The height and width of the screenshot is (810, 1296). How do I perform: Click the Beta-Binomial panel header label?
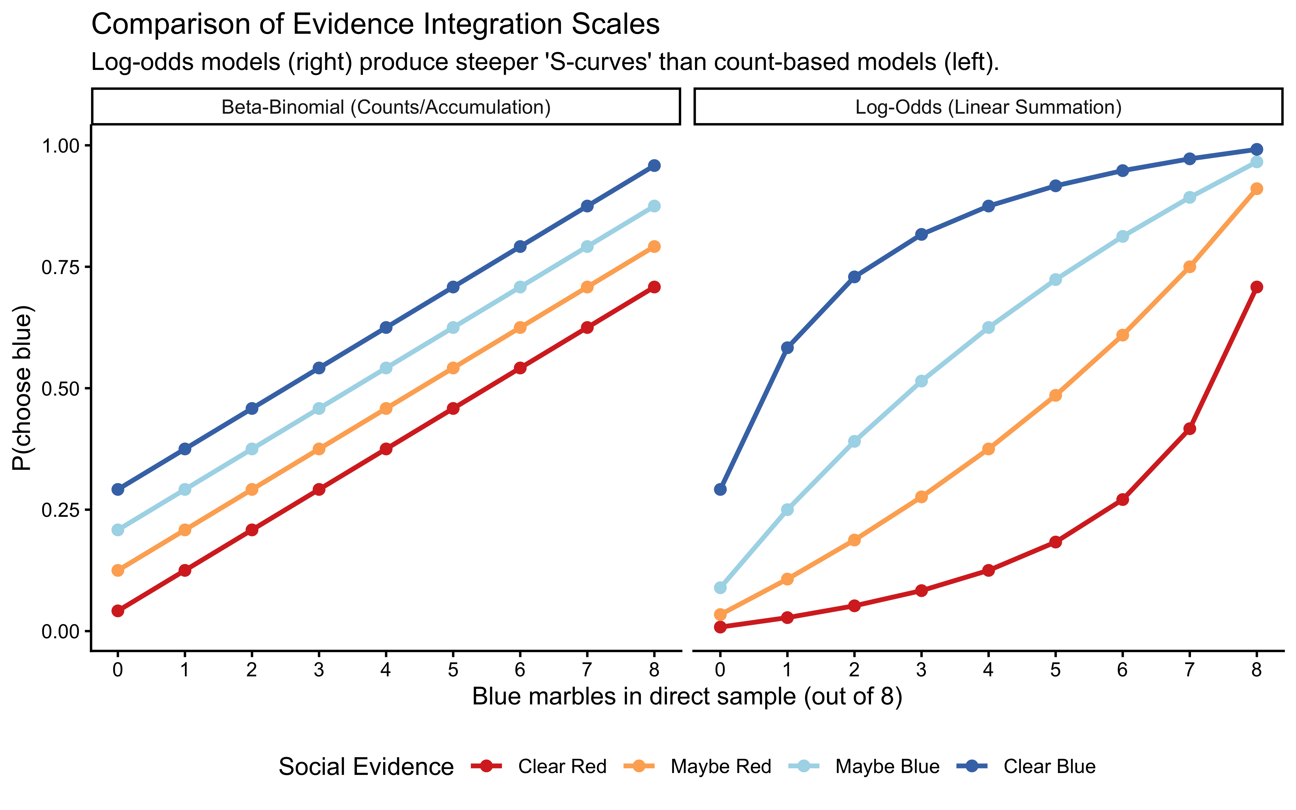pos(386,107)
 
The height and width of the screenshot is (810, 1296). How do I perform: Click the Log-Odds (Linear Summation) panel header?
pos(988,107)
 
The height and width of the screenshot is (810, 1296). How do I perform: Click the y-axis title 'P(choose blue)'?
pos(22,388)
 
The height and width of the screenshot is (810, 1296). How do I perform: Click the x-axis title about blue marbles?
pos(687,697)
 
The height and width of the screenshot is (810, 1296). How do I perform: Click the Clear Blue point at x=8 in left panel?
pos(654,166)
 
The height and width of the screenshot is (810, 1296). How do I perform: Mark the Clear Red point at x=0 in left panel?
pos(118,611)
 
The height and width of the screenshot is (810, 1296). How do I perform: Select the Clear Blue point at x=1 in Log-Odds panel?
pos(787,348)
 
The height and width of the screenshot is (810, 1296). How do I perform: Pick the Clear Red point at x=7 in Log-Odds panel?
pos(1189,428)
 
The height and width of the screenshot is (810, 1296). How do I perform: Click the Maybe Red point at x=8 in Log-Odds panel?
pos(1256,188)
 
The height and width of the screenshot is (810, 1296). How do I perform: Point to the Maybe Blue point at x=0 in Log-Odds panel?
pos(720,588)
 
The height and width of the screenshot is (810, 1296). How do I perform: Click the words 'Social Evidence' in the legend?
pos(366,767)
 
